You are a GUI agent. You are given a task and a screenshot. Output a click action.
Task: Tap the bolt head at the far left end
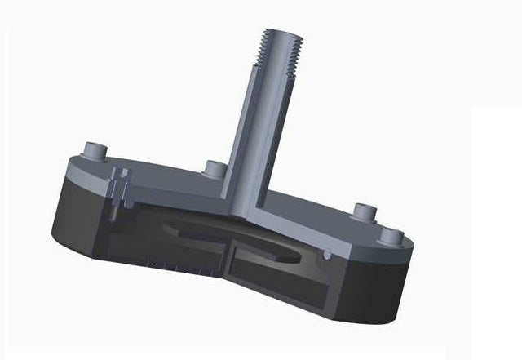95,150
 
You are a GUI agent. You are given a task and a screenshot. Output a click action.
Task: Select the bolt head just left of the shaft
215,169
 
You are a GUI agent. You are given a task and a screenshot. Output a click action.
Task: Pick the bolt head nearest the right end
392,236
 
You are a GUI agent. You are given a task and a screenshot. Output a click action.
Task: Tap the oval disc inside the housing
237,237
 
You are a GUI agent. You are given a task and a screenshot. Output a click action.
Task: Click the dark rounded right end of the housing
391,286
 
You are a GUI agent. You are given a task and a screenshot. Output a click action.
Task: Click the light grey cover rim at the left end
77,168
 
